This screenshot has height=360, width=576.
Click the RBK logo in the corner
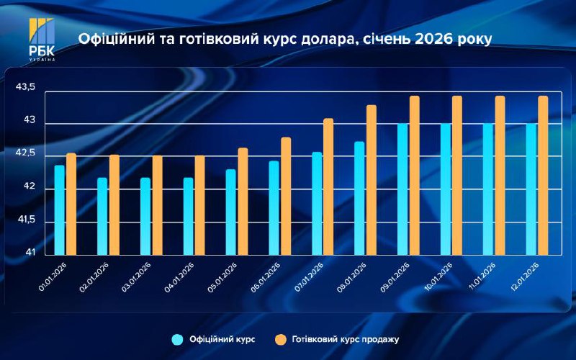coord(41,39)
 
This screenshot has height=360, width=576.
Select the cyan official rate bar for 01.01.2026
coord(60,210)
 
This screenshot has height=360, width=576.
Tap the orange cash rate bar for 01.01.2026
coord(71,204)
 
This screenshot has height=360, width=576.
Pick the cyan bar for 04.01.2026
coord(189,216)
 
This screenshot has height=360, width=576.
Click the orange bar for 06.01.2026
coord(286,196)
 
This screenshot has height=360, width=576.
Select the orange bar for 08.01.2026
coord(372,180)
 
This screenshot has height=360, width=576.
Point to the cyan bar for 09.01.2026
coord(403,189)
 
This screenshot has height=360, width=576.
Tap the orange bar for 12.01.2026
coord(543,175)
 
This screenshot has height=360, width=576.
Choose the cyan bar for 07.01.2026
coord(317,203)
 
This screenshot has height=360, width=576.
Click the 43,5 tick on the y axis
coord(25,87)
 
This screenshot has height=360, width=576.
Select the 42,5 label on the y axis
coord(25,153)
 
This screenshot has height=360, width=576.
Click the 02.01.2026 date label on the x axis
coord(94,276)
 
